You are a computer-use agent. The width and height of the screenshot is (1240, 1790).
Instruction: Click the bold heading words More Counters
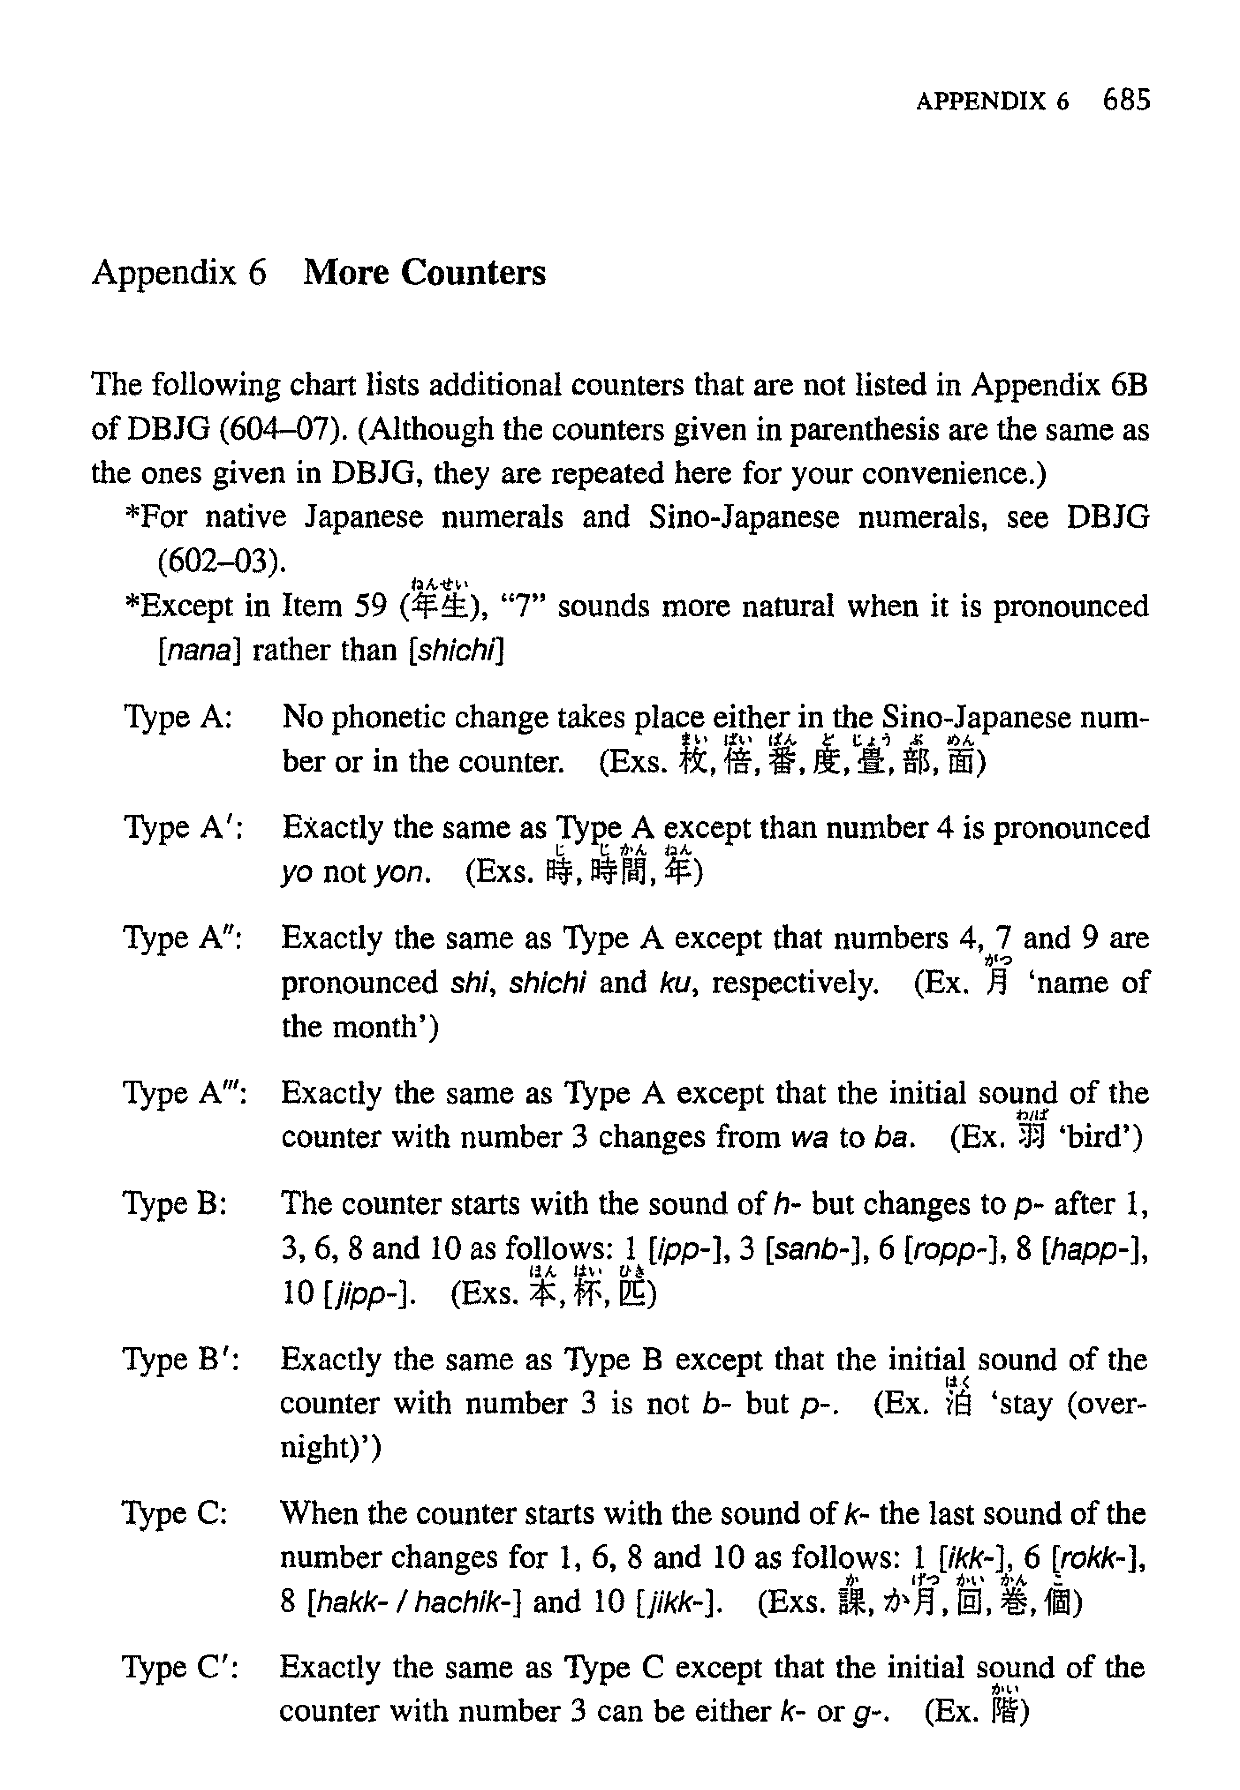(424, 272)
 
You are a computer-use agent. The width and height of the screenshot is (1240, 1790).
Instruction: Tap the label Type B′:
(181, 1359)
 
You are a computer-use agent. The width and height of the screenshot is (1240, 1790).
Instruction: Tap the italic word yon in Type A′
(400, 873)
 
